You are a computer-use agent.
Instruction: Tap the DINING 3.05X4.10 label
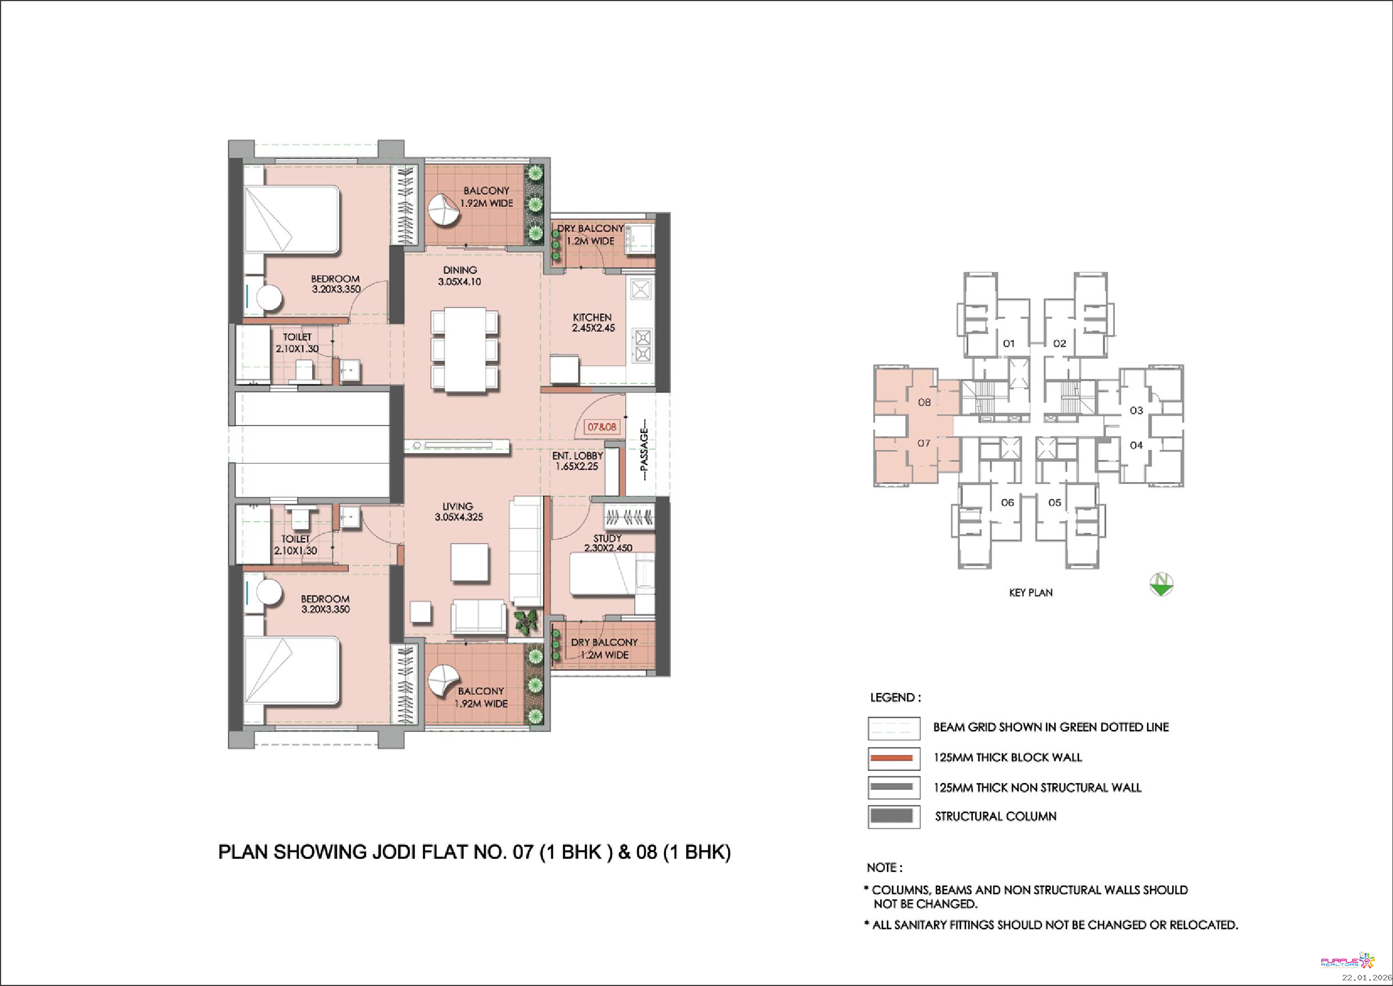pos(459,275)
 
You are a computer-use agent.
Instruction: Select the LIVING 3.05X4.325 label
pos(458,511)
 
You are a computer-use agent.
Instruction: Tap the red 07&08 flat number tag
pos(601,427)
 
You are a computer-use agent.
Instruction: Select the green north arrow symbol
pos(1161,585)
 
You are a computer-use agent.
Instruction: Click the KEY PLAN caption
pos(1031,592)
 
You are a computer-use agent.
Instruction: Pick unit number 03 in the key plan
pos(1136,410)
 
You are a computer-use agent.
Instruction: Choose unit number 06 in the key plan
pos(1007,502)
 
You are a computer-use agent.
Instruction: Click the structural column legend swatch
pos(894,817)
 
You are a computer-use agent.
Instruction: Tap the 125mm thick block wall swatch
pos(894,758)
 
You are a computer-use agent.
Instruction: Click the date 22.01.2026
pos(1366,978)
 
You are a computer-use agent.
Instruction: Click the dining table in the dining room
pos(465,350)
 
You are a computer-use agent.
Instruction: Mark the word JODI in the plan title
pos(392,852)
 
